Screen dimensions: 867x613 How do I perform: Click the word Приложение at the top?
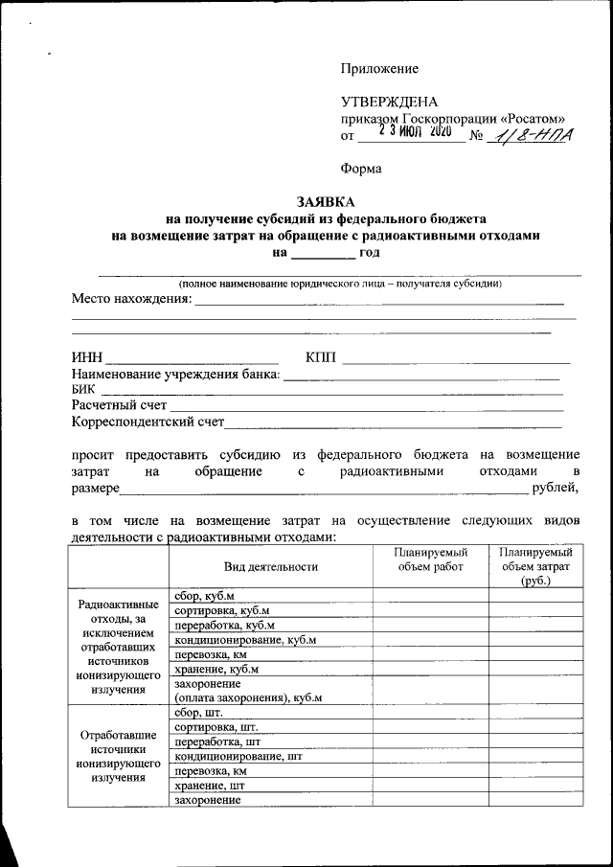(379, 69)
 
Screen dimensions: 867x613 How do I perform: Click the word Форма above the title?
(361, 169)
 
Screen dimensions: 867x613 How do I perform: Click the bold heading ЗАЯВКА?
(326, 202)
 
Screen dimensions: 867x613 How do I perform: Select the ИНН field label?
(86, 357)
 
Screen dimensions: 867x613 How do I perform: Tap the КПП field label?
(321, 357)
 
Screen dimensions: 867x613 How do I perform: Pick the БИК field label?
(84, 389)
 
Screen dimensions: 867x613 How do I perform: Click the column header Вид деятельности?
(270, 566)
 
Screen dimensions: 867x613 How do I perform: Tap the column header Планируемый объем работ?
(430, 559)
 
